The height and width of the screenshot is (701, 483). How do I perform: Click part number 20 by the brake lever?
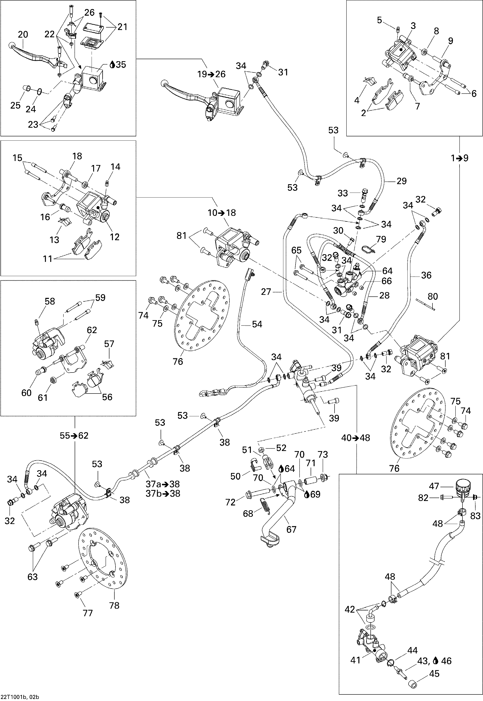23,35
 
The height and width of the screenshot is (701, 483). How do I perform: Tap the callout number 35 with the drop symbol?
118,65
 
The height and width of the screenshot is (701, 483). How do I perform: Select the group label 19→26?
212,74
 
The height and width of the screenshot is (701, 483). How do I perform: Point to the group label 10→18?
222,213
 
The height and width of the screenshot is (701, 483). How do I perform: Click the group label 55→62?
74,436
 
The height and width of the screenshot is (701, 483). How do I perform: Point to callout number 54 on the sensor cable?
257,324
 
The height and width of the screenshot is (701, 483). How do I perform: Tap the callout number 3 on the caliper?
413,26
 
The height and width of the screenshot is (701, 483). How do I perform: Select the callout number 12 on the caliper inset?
115,237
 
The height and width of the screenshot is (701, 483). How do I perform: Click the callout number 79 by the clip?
381,239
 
